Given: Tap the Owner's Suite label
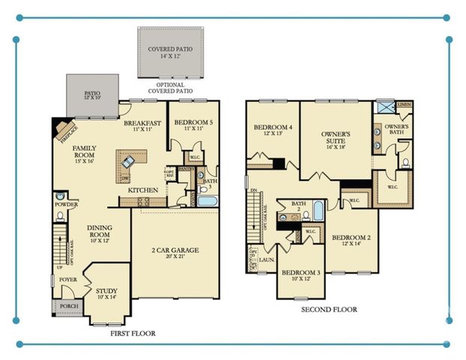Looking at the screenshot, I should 336,139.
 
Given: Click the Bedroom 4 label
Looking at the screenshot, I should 273,131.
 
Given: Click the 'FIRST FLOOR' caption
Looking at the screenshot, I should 133,333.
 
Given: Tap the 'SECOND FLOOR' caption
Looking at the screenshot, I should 329,309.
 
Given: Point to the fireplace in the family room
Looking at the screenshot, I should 61,130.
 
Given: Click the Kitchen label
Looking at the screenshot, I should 142,190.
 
